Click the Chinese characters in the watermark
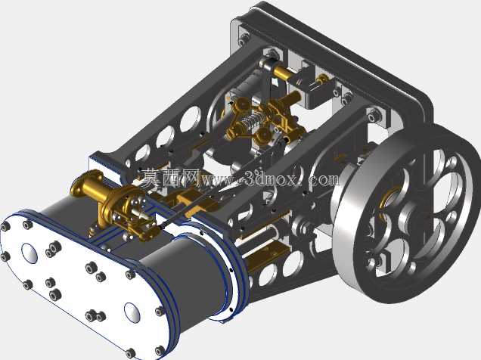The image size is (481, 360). [x=171, y=178]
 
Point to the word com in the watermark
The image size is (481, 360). [x=324, y=179]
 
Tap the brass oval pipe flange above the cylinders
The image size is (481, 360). [x=86, y=182]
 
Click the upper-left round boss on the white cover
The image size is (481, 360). [x=29, y=253]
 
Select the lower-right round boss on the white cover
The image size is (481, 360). [x=132, y=312]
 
